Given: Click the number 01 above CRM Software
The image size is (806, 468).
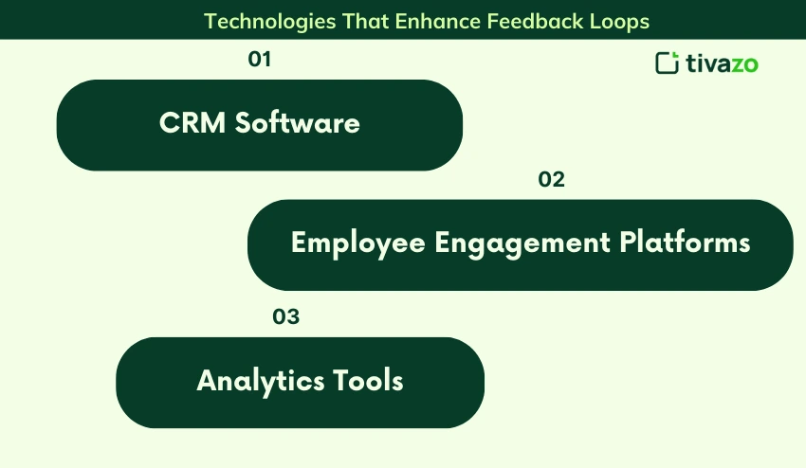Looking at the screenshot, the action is click(260, 59).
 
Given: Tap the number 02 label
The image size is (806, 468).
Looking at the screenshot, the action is click(551, 179).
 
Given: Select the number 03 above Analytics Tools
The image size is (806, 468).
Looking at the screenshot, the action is click(285, 316).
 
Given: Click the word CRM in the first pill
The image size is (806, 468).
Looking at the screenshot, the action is click(192, 123).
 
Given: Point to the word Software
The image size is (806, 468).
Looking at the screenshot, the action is click(298, 123).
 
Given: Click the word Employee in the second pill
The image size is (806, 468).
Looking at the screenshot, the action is click(357, 243).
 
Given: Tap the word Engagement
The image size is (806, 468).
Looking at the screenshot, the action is click(522, 243).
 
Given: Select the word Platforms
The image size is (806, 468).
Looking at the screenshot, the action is click(686, 242).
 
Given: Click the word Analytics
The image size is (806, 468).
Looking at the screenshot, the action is click(261, 381).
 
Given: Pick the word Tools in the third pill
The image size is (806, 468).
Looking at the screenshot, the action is click(368, 381).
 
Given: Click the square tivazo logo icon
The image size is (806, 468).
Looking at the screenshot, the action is click(668, 63).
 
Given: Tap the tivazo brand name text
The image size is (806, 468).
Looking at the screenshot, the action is click(722, 63).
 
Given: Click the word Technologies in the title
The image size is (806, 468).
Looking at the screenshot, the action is click(270, 22).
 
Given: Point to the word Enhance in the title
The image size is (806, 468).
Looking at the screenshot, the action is click(438, 21).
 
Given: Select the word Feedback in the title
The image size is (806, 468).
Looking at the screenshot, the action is click(535, 21).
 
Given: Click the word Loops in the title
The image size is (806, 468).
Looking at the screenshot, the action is click(619, 22).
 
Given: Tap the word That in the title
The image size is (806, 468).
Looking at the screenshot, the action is click(365, 21).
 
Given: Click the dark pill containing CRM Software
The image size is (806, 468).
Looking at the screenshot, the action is click(260, 125).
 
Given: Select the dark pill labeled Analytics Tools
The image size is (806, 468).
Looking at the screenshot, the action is click(301, 383).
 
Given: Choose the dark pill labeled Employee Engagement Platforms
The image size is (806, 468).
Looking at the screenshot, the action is click(521, 245).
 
